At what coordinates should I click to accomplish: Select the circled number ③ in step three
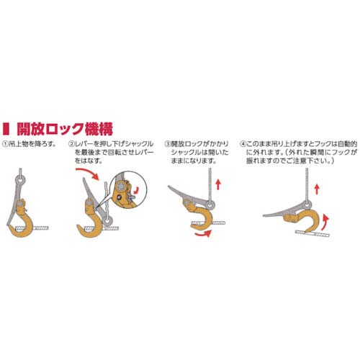[168, 144]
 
